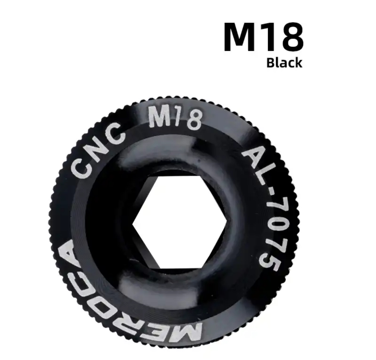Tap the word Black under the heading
(x=284, y=63)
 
